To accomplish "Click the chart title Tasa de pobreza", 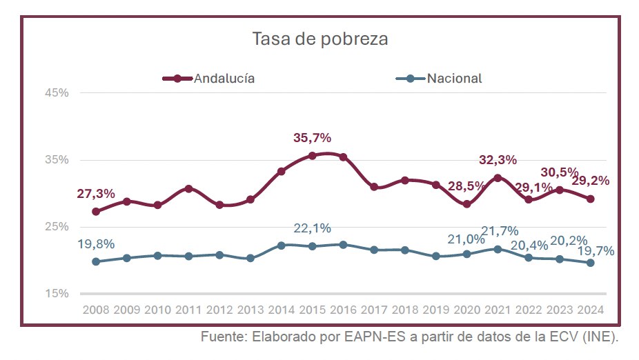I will (320, 39).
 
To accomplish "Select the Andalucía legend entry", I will (224, 78).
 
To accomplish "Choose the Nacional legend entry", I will (454, 78).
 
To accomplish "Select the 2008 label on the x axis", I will (96, 310).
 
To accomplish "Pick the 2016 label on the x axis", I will (343, 310).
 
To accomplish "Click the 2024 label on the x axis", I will (590, 310).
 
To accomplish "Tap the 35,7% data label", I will (312, 139).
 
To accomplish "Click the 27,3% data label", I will (96, 194).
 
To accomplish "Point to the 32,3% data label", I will (498, 160).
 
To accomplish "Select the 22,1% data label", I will (312, 228).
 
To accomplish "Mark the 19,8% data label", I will (96, 243).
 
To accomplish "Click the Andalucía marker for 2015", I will (312, 156).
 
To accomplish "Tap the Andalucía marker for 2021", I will (498, 178).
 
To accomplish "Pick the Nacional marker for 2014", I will (282, 245).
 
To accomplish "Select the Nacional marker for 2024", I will (590, 263).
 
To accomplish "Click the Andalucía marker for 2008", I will (96, 212).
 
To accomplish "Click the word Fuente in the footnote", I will (222, 338).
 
